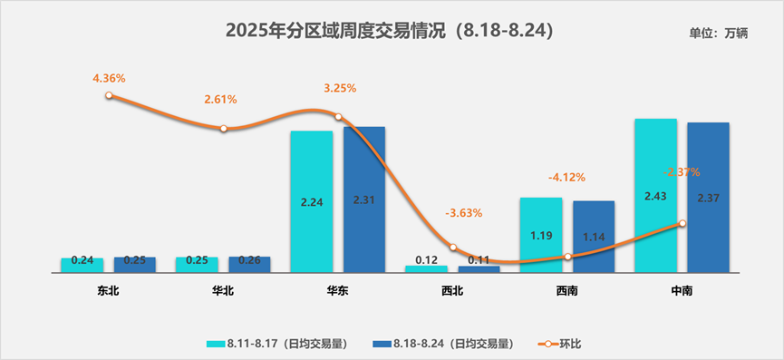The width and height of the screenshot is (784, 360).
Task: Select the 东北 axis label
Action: click(x=108, y=291)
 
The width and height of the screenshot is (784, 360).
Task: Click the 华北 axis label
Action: click(x=223, y=291)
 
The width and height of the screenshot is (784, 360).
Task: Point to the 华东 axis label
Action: click(x=337, y=291)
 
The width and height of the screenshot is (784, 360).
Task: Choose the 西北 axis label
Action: click(x=452, y=291)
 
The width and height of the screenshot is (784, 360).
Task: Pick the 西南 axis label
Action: click(x=567, y=291)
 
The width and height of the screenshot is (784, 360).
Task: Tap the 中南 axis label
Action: click(x=682, y=291)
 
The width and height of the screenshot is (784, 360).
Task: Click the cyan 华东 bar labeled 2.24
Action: click(x=311, y=201)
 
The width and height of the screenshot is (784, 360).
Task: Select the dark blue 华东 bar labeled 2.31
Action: click(x=363, y=199)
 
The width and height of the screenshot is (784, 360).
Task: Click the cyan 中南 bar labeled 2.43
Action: click(x=655, y=195)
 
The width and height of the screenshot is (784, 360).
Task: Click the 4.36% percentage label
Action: click(x=109, y=78)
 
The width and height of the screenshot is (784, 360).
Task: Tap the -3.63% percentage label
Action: click(x=463, y=213)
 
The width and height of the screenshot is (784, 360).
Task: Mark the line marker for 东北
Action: click(x=109, y=95)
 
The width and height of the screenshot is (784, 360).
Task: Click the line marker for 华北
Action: click(x=224, y=129)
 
